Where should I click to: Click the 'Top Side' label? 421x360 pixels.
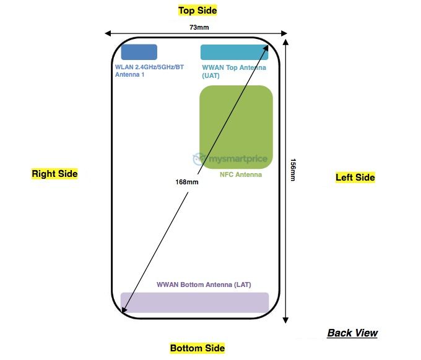[x=197, y=11]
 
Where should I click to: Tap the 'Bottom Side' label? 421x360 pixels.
[x=197, y=348]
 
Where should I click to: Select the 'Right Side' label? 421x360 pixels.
[x=55, y=174]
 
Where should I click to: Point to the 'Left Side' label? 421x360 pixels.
[x=355, y=178]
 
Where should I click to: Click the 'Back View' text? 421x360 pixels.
[x=352, y=333]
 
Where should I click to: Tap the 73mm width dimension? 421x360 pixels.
[x=197, y=27]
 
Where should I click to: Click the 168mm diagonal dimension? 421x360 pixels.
[x=187, y=182]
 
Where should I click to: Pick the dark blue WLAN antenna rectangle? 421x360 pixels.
[x=139, y=52]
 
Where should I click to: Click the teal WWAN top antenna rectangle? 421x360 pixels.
[x=234, y=52]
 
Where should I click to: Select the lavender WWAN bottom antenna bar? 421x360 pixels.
[x=194, y=302]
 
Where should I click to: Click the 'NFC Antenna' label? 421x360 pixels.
[x=241, y=175]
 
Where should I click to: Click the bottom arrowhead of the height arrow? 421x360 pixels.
[x=285, y=319]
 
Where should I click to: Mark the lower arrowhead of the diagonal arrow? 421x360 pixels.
[x=124, y=311]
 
